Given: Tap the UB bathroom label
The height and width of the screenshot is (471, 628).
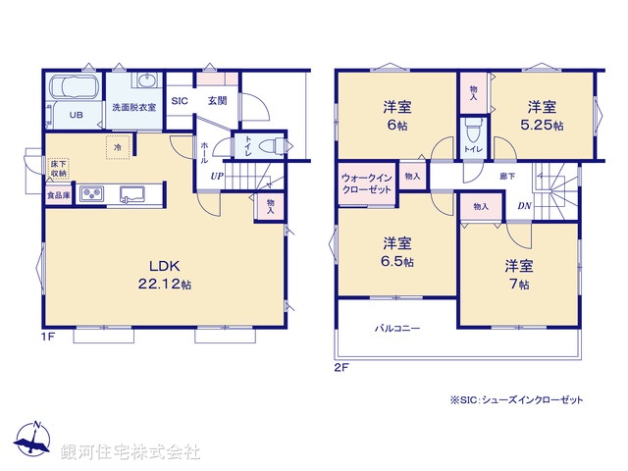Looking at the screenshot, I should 76,115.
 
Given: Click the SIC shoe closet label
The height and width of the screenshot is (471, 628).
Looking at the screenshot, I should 180,100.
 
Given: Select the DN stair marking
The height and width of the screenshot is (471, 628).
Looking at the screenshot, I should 525,206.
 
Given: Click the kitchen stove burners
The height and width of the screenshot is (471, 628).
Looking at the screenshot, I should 92,193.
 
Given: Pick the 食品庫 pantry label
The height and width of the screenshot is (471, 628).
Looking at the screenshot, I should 58,195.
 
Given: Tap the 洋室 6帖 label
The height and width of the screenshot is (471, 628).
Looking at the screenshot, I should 396,117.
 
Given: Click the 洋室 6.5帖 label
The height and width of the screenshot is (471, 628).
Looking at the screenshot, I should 397,252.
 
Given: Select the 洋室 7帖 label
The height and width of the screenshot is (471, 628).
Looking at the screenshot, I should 519,274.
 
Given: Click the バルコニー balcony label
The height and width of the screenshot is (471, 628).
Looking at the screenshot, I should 396,328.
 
